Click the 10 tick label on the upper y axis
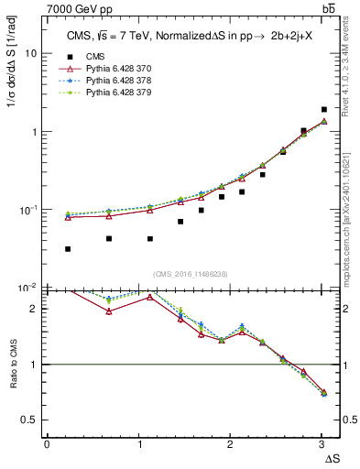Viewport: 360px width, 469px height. click(x=30, y=53)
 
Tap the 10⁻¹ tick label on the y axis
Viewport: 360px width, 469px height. click(x=28, y=209)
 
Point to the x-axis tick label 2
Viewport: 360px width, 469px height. click(x=231, y=444)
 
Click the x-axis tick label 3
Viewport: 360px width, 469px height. click(x=322, y=444)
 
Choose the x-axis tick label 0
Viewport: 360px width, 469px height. click(x=47, y=444)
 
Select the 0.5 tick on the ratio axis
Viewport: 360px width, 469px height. click(x=28, y=420)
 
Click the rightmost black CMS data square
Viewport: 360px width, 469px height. click(x=324, y=109)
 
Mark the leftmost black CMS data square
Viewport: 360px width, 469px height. click(x=69, y=249)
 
